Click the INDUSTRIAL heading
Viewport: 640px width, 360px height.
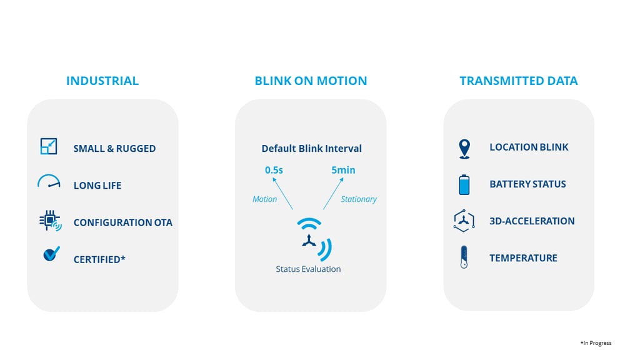coord(102,81)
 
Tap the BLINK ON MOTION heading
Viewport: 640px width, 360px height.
coord(311,81)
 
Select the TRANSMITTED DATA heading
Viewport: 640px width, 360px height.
coord(519,81)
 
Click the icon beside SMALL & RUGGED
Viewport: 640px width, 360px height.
coord(49,146)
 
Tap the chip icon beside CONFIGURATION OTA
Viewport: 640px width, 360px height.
coord(50,221)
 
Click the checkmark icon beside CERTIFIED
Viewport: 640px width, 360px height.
coord(51,254)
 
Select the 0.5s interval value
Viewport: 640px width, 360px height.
coord(274,170)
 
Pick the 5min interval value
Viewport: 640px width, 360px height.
coord(343,170)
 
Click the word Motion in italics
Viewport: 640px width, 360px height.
coord(264,199)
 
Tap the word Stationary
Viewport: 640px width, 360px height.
coord(359,199)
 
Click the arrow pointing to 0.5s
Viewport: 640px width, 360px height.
coord(282,194)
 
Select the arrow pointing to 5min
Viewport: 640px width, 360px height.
coord(334,194)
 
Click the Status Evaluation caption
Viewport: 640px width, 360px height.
coord(308,269)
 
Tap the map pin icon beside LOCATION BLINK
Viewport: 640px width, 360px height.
coord(464,148)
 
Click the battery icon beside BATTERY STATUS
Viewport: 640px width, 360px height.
coord(464,184)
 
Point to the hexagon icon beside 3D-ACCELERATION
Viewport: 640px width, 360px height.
coord(464,221)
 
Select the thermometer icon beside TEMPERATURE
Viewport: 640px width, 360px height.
coord(464,257)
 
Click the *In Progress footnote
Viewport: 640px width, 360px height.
coord(596,343)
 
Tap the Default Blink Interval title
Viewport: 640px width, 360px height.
coord(311,148)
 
